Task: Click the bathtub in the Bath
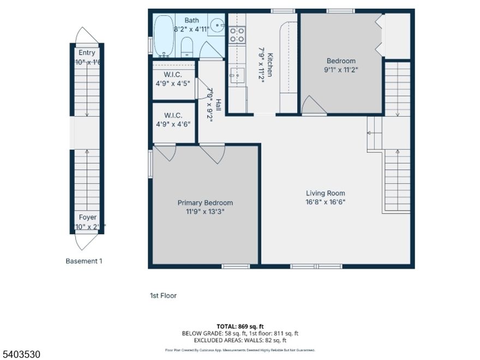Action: (163, 37)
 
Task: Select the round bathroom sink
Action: (217, 25)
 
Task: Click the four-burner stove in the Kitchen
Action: (237, 35)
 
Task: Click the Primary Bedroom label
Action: (205, 203)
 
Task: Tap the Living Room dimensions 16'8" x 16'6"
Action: (325, 202)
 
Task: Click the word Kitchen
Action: (269, 64)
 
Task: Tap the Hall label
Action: (218, 104)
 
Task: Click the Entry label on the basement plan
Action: (87, 53)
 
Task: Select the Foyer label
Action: (87, 217)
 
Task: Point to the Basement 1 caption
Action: (84, 261)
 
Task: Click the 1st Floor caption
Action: (163, 296)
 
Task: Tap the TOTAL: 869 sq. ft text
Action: (239, 326)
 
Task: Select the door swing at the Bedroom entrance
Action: (312, 105)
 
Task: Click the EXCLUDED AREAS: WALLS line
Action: (240, 340)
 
